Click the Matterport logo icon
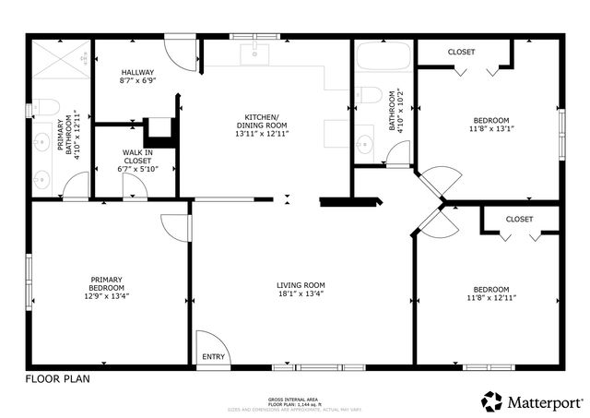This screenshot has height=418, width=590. coord(491,400)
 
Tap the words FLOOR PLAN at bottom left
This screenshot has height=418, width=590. coord(57,378)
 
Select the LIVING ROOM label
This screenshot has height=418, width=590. coord(301,285)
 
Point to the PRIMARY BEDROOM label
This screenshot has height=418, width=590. coord(107,283)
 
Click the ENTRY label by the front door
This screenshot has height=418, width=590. coord(212,356)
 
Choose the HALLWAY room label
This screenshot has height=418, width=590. coord(137,72)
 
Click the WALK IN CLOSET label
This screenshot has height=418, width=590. coord(137,157)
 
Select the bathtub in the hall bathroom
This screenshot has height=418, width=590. coord(383,57)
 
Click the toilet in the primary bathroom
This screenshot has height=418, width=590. coord(47,107)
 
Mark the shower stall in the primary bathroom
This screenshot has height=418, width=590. coord(60,63)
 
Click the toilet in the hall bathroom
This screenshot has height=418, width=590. coord(370,95)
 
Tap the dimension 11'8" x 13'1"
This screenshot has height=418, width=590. coord(490,129)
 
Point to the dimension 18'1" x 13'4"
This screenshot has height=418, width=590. coord(301,295)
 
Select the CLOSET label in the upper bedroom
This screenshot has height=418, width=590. coord(461,53)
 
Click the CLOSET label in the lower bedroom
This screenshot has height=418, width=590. coord(519,219)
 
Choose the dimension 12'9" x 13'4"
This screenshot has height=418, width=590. coord(107,296)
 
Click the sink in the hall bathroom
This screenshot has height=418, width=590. coord(364,143)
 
